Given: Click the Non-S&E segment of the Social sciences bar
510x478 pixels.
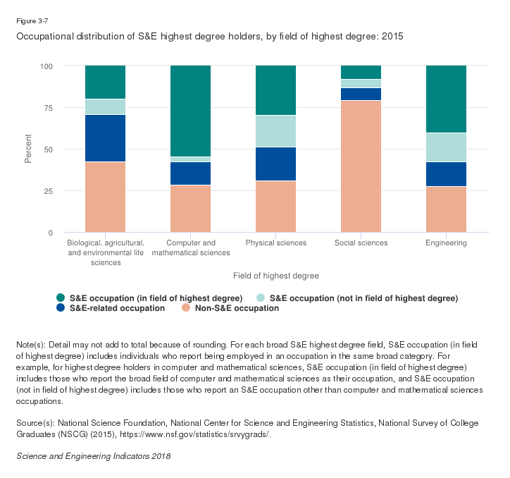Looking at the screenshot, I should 361,166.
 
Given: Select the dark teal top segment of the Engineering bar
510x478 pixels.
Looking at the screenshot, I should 446,99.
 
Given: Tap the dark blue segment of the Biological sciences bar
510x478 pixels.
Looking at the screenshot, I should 105,138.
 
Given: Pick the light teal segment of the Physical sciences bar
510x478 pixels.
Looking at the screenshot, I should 275,131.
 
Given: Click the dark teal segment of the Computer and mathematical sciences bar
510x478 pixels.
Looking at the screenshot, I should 190,111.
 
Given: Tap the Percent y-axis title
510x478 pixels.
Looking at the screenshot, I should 28,149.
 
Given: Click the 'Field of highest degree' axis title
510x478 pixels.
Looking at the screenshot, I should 275,276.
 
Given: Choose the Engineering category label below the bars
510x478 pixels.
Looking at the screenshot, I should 446,243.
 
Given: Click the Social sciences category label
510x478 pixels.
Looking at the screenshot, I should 361,243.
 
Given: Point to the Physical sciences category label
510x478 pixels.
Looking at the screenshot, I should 275,243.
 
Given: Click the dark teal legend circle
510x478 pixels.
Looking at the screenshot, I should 60,298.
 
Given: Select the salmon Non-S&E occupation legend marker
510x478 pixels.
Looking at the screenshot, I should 186,308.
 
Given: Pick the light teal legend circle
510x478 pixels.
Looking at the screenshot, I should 260,298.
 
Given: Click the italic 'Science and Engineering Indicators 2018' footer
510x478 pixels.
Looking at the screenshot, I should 93,456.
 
